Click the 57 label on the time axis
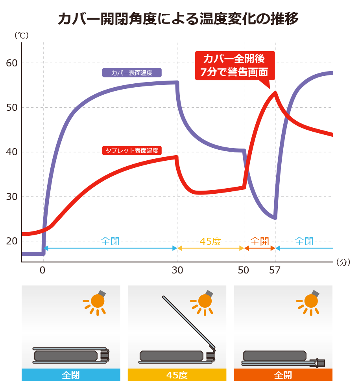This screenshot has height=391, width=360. point(275,270)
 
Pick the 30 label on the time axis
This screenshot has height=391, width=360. point(177,270)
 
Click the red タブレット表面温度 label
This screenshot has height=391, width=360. point(132,150)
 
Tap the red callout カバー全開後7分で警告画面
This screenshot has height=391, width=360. point(234,65)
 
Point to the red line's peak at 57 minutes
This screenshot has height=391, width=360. point(275,93)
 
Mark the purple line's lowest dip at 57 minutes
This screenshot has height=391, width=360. point(275,217)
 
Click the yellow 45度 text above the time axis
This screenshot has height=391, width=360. point(210,241)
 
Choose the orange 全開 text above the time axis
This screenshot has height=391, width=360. point(260,241)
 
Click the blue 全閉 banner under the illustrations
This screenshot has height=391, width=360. point(71,375)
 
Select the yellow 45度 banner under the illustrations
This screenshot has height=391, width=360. point(177,375)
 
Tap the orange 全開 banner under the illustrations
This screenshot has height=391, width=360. point(283,375)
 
